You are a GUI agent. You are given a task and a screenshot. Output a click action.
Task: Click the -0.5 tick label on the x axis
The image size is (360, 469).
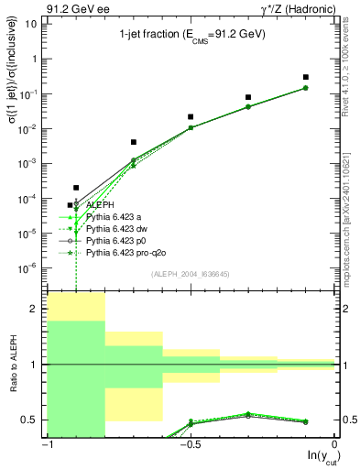(x=189, y=444)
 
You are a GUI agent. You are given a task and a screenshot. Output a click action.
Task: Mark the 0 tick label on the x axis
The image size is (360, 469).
(x=334, y=444)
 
